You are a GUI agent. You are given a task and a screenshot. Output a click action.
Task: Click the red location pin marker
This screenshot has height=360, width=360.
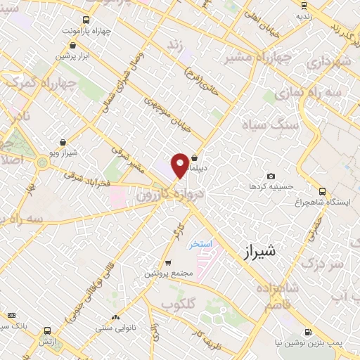[x=180, y=164]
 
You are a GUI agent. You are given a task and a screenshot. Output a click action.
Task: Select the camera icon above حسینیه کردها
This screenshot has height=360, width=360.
[x=271, y=176]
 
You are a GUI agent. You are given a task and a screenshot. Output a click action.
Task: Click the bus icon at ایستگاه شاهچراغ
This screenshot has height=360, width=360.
[x=322, y=191]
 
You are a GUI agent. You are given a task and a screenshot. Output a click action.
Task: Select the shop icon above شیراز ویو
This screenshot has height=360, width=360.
[x=63, y=141]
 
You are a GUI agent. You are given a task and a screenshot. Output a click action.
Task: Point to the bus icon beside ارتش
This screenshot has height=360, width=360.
[x=47, y=330]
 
